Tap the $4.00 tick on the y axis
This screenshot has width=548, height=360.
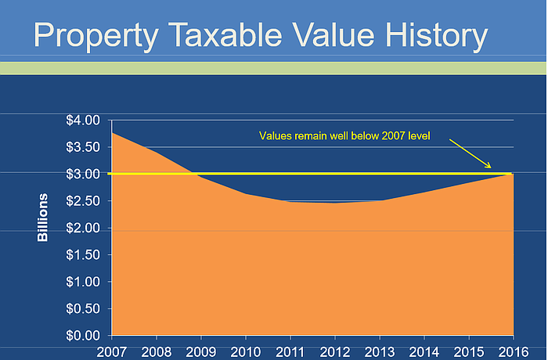[x=82, y=121]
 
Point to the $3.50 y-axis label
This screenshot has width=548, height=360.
[x=82, y=147]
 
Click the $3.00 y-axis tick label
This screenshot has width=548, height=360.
[x=82, y=174]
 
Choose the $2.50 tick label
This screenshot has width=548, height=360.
[x=82, y=201]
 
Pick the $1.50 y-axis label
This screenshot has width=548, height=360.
[x=82, y=254]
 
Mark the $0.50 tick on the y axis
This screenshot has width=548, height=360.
[x=82, y=308]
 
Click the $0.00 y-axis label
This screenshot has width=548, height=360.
[x=82, y=335]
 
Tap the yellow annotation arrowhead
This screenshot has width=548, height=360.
[x=489, y=166]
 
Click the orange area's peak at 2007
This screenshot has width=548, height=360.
[x=114, y=134]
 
